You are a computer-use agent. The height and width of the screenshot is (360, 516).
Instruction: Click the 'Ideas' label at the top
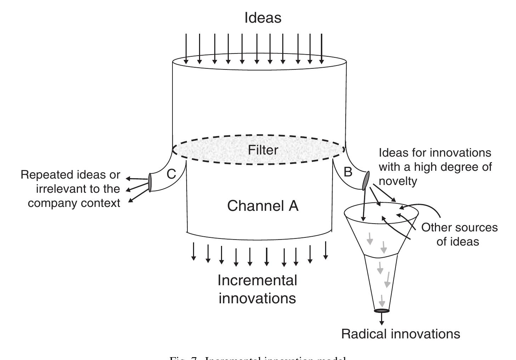263,18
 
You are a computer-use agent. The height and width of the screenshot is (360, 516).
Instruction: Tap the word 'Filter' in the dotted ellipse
263,150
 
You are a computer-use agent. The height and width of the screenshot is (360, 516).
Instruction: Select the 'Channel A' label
263,206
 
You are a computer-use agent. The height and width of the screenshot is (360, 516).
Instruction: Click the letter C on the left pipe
171,174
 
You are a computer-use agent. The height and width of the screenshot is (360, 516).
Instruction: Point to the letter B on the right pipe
348,172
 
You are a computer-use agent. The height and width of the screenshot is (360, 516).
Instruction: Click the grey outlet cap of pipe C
150,182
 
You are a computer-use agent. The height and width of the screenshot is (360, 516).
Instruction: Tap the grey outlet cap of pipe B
366,180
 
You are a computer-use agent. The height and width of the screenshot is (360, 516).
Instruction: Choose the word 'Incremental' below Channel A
257,280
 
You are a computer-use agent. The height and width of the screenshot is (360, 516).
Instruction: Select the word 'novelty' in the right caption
398,181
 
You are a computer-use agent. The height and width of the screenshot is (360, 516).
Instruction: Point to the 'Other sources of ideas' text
459,234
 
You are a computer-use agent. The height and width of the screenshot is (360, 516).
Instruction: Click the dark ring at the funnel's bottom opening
381,311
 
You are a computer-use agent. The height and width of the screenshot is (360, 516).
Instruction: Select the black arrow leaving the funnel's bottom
381,319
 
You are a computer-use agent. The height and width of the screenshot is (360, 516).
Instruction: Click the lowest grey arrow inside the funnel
382,301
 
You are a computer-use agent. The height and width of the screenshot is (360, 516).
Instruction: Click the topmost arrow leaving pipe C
137,179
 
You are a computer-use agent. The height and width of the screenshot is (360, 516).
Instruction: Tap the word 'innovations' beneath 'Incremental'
257,298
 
